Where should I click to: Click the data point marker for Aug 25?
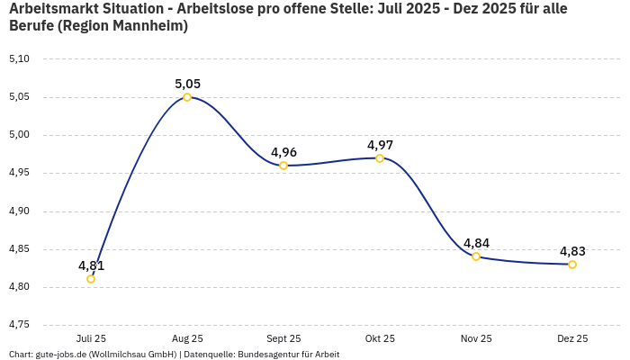[187, 97]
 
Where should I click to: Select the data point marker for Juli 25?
[91, 279]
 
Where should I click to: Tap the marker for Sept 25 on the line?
[283, 166]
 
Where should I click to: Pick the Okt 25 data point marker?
[380, 158]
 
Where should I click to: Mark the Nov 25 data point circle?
[476, 256]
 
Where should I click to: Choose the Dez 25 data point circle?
[572, 265]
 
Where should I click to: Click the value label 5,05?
[187, 84]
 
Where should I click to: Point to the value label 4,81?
[91, 265]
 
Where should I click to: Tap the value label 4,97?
[380, 145]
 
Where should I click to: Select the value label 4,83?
[572, 251]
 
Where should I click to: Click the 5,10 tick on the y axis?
[19, 59]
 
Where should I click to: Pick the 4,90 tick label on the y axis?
[19, 211]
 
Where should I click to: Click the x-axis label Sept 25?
[283, 338]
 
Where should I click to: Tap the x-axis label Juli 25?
[91, 338]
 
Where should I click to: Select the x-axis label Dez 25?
[572, 338]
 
